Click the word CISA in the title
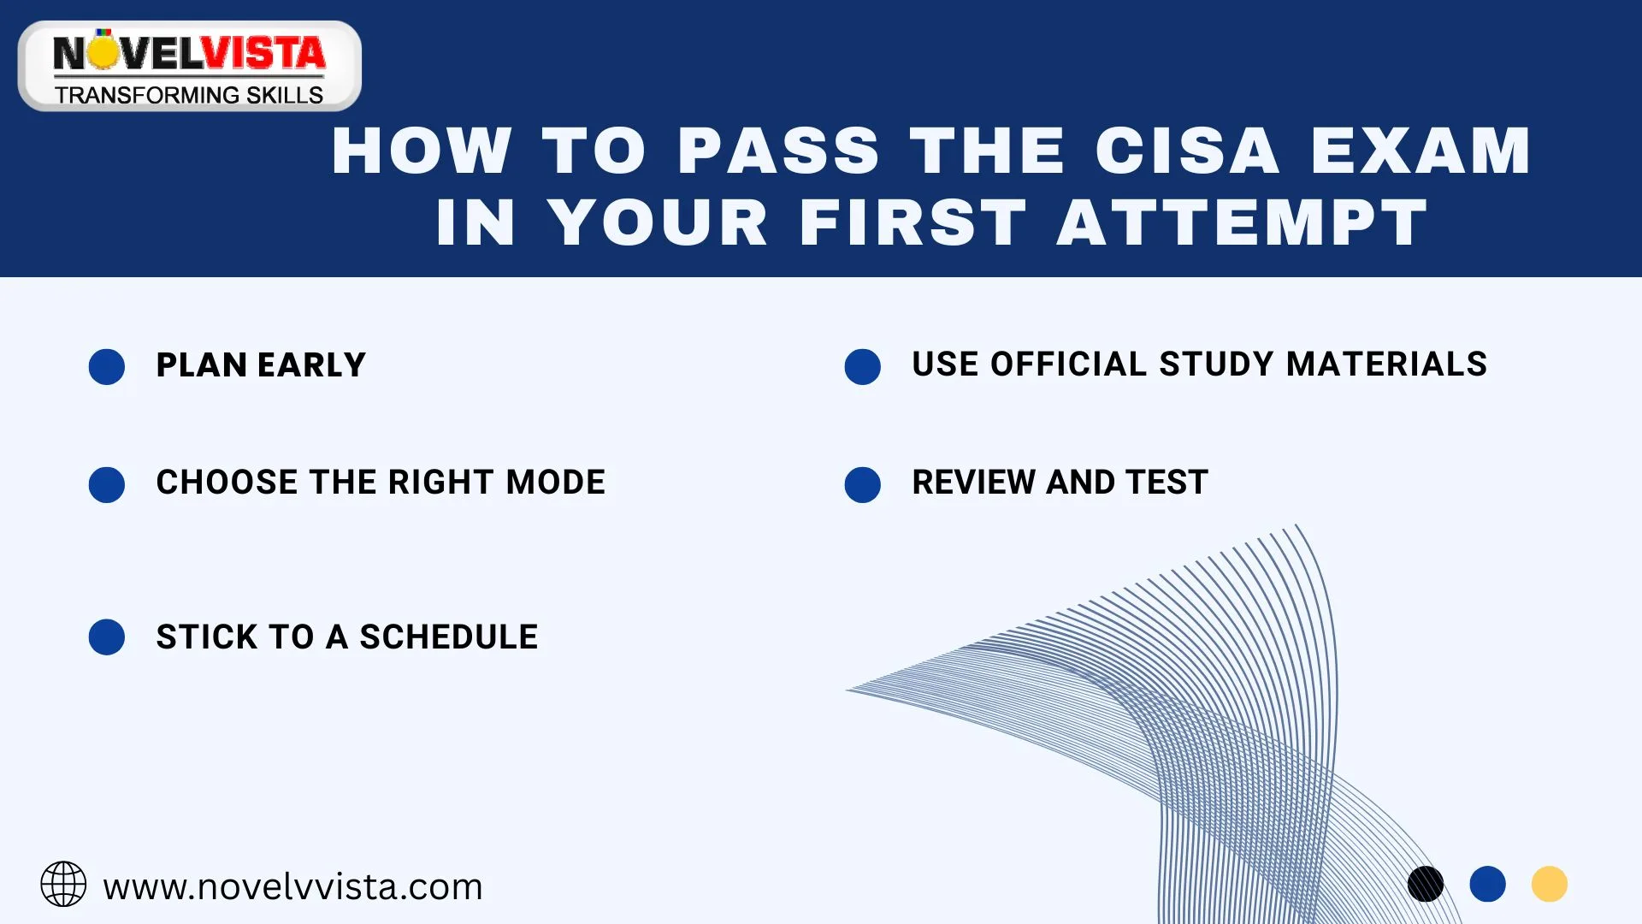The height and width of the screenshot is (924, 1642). pyautogui.click(x=1186, y=151)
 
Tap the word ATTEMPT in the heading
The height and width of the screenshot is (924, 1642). pyautogui.click(x=1243, y=223)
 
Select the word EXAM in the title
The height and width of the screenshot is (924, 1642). pyautogui.click(x=1420, y=151)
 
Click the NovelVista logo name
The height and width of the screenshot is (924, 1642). pyautogui.click(x=189, y=54)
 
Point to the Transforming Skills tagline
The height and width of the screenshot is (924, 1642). pyautogui.click(x=189, y=95)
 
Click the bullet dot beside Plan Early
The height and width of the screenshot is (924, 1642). pyautogui.click(x=107, y=367)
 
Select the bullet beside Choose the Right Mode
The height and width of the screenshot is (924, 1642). pyautogui.click(x=107, y=484)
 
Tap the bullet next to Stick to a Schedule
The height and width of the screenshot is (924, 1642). pyautogui.click(x=107, y=637)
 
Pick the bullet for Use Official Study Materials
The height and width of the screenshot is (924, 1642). pyautogui.click(x=862, y=367)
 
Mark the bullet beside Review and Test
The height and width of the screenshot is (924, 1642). pyautogui.click(x=862, y=484)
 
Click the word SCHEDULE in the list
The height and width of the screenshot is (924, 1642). pyautogui.click(x=448, y=637)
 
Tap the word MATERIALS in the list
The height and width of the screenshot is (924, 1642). pyautogui.click(x=1386, y=364)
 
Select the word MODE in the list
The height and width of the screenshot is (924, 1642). pyautogui.click(x=555, y=483)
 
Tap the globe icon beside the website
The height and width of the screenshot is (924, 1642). pyautogui.click(x=63, y=885)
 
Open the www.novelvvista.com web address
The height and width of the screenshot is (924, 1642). pyautogui.click(x=292, y=887)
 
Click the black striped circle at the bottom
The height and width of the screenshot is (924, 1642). pyautogui.click(x=1426, y=884)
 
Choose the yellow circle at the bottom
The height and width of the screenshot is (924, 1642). pyautogui.click(x=1549, y=884)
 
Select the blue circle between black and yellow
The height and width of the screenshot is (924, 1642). pyautogui.click(x=1487, y=884)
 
